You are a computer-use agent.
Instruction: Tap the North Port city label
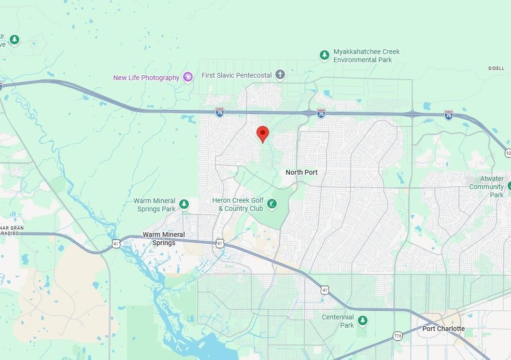[301, 172]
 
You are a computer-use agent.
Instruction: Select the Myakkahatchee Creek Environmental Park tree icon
[325, 55]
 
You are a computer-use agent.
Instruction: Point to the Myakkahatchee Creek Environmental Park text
[367, 55]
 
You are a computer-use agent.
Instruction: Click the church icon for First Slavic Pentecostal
[280, 75]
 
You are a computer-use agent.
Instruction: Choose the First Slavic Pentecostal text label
[236, 75]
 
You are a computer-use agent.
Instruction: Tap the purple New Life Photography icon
[188, 77]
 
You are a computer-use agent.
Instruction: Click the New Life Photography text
[146, 78]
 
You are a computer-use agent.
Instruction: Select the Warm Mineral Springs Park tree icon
[184, 205]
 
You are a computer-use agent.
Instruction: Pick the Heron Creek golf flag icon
[272, 205]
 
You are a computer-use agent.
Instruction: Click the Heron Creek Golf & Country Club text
[241, 205]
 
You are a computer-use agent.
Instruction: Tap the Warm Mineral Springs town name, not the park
[164, 238]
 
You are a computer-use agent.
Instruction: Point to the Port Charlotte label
[443, 329]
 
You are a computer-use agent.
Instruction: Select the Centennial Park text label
[338, 321]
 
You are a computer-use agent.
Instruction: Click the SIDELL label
[496, 69]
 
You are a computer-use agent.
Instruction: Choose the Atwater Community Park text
[486, 187]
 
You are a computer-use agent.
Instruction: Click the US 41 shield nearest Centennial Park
[325, 289]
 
